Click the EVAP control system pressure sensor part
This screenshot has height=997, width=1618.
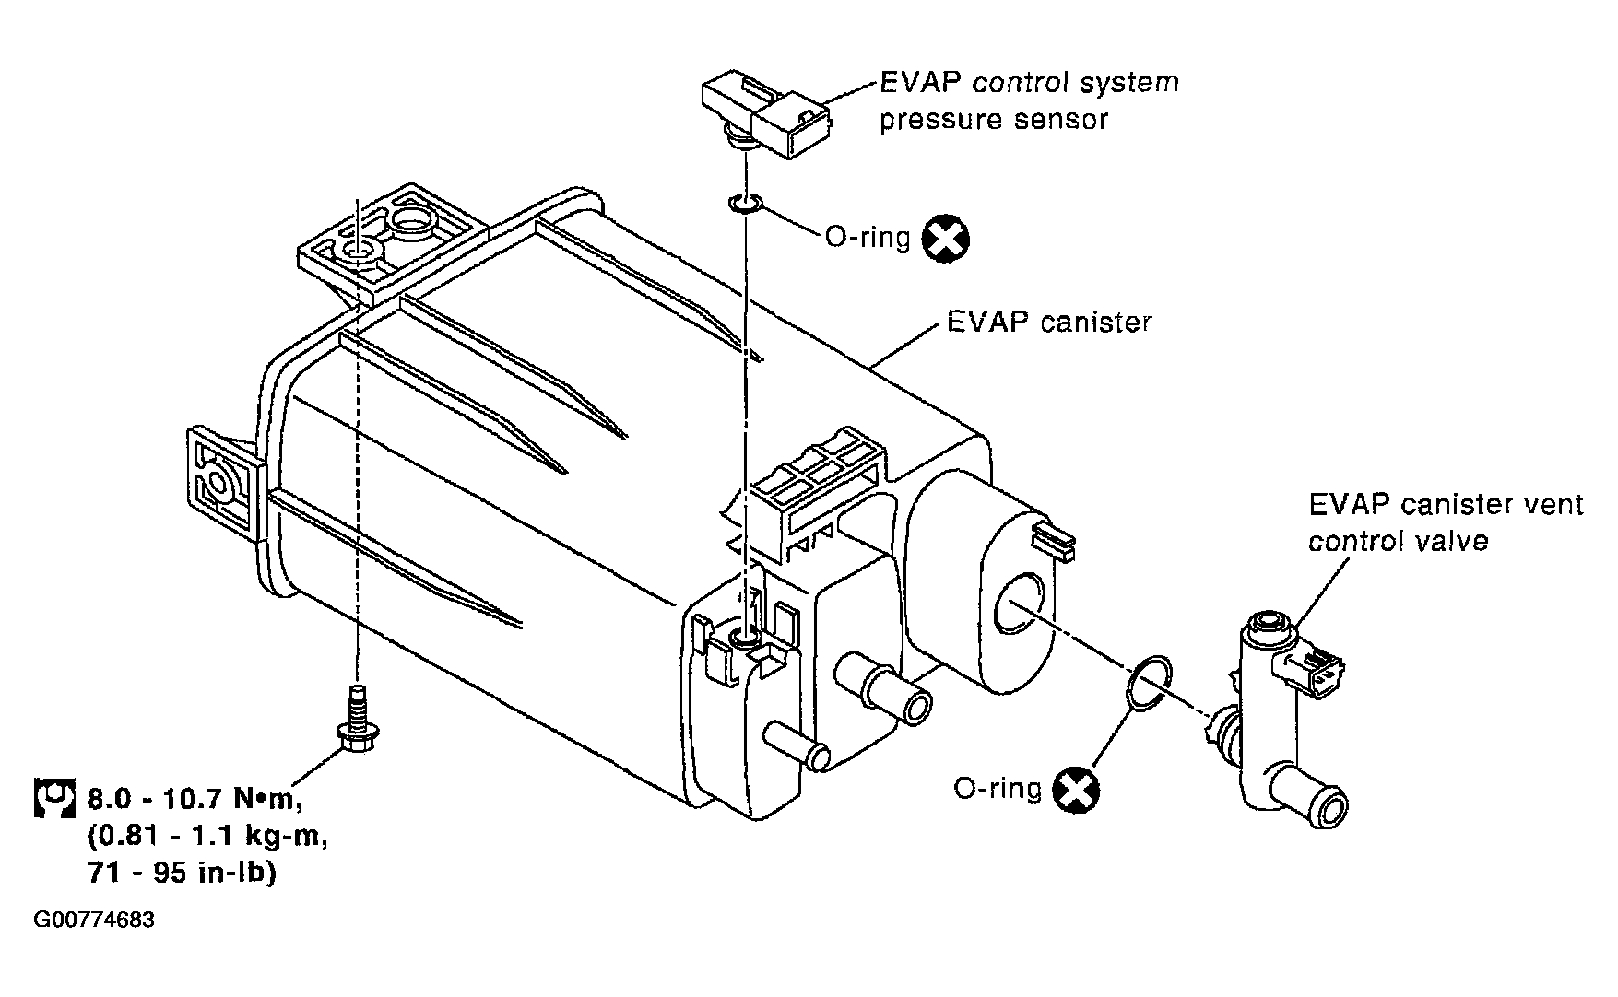click(765, 115)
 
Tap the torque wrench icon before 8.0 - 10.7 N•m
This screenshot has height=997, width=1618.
click(53, 798)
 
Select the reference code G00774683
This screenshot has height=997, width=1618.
click(94, 921)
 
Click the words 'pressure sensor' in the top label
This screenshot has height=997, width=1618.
click(993, 120)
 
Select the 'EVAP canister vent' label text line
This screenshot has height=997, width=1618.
click(1446, 504)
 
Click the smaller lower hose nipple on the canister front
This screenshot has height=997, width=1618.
click(797, 745)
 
